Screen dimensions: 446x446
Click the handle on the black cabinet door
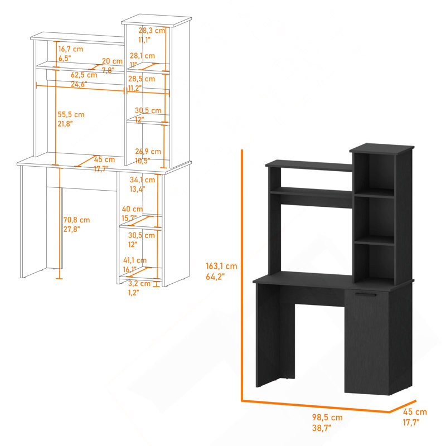click(x=366, y=295)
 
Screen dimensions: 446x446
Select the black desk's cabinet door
click(x=367, y=341)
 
